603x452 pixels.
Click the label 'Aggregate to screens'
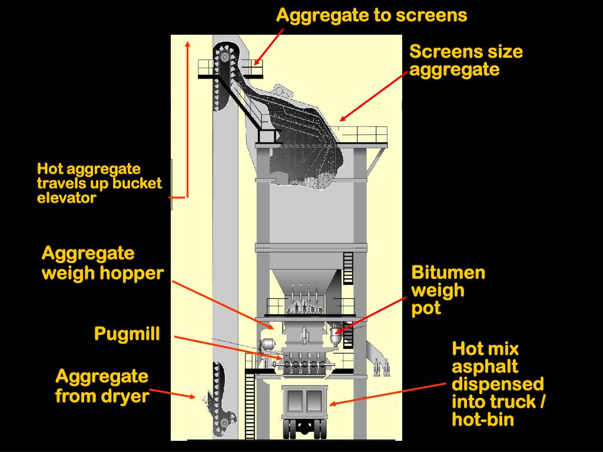pyautogui.click(x=372, y=15)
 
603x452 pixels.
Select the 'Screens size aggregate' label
pyautogui.click(x=466, y=61)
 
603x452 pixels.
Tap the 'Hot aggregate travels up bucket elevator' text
pyautogui.click(x=99, y=184)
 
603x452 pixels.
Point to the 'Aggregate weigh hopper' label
pyautogui.click(x=102, y=263)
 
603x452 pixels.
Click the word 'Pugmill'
pyautogui.click(x=127, y=334)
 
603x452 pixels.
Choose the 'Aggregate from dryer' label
pyautogui.click(x=102, y=386)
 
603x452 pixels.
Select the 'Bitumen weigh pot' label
pyautogui.click(x=448, y=290)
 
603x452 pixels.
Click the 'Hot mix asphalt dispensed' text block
pyautogui.click(x=497, y=383)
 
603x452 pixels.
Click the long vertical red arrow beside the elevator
pyautogui.click(x=187, y=118)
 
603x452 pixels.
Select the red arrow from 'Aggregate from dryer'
pyautogui.click(x=172, y=393)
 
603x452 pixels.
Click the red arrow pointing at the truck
pyautogui.click(x=389, y=393)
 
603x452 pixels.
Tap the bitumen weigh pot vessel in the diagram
pyautogui.click(x=336, y=335)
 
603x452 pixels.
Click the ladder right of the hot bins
pyautogui.click(x=348, y=268)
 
